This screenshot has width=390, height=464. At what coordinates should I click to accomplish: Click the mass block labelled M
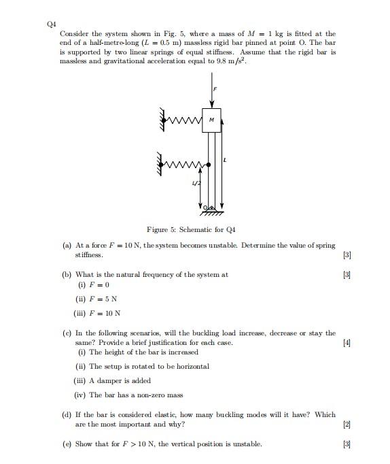coord(211,120)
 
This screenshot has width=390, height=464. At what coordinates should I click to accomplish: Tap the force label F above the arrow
coord(215,89)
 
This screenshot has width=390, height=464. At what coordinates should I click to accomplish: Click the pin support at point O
coord(211,207)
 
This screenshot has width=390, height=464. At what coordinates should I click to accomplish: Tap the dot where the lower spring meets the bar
coord(208,164)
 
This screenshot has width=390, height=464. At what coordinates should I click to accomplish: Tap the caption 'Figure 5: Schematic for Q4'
coord(190,229)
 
